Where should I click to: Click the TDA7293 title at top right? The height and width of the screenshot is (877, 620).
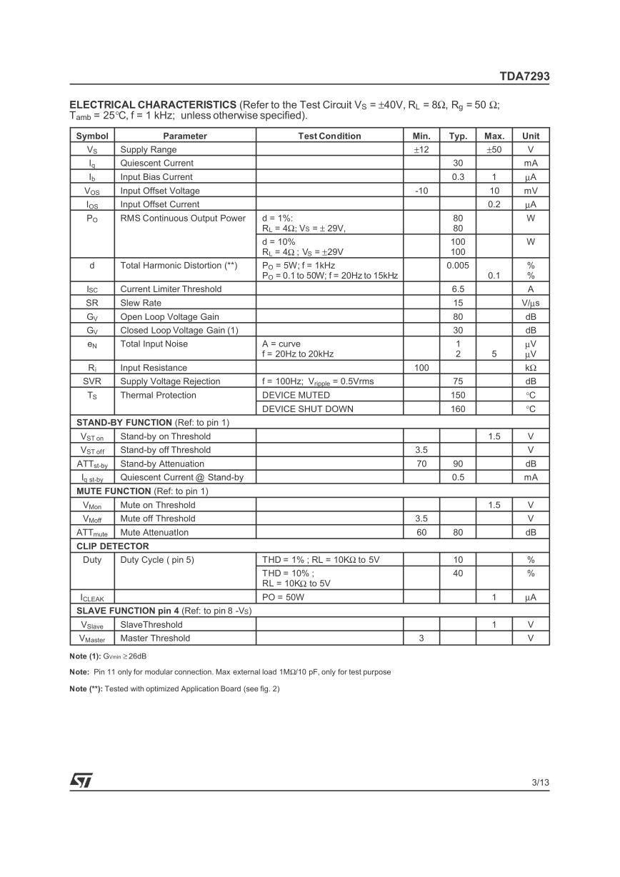pos(524,76)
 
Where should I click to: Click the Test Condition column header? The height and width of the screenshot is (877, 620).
pos(329,136)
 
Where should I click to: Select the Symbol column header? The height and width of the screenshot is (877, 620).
pos(92,136)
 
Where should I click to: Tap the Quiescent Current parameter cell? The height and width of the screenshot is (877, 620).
pos(156,163)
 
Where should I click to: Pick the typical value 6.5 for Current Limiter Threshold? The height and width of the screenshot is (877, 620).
pos(458,289)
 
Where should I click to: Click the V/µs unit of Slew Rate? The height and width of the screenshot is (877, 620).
pos(531,303)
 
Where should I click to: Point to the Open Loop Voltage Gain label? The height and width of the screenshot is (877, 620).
pos(169,316)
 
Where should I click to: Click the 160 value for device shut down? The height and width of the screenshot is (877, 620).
pos(458,409)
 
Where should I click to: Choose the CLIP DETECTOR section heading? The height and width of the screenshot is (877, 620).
pos(113,546)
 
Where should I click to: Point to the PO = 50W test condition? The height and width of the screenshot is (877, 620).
pos(283,597)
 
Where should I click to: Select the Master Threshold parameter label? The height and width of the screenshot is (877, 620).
pos(155,638)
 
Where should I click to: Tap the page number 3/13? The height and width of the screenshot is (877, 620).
pos(541,783)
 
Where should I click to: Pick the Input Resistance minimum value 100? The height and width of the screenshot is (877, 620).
pos(421,368)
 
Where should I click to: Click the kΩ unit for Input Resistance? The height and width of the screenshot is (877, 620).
pos(531,368)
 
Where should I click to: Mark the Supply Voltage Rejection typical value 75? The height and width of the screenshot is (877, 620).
pos(458,381)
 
